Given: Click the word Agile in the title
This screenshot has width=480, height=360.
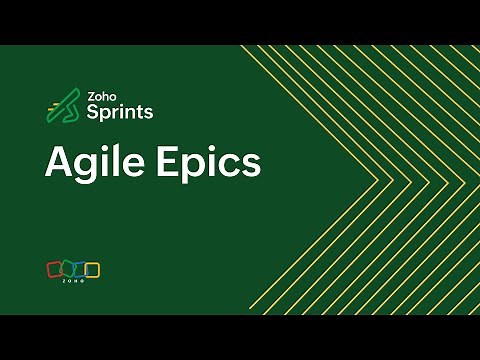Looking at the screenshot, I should tap(92, 162).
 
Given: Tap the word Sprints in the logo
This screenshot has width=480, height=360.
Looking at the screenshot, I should tap(120, 112).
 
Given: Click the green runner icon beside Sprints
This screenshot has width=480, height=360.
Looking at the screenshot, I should tap(63, 106).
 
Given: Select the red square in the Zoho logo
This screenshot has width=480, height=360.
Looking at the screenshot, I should tap(54, 269).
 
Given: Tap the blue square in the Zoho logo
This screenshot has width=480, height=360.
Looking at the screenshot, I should tap(80, 269).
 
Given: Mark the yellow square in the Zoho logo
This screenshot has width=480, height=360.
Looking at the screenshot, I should tap(93, 269).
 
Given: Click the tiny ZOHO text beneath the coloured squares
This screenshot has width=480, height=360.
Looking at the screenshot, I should tap(73, 281).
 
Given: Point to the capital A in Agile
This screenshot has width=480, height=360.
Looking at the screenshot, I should tap(59, 161).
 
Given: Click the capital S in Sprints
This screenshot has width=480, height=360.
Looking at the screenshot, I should tap(93, 112).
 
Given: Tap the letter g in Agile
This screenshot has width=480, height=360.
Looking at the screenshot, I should tap(88, 166).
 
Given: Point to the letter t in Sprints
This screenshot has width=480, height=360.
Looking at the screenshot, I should tap(140, 112).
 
